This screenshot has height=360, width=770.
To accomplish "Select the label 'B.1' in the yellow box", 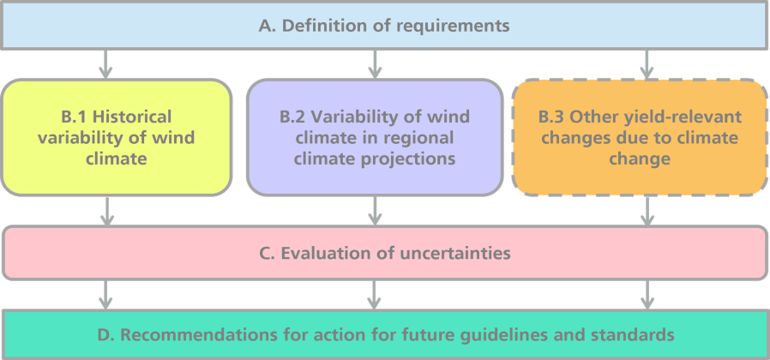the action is (x=75, y=117).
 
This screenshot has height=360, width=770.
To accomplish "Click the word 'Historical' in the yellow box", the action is (x=132, y=117).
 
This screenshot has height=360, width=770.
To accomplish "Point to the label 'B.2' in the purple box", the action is (x=293, y=117).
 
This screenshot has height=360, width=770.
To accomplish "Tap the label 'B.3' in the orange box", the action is (x=552, y=117).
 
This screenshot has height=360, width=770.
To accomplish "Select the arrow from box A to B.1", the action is (x=105, y=63).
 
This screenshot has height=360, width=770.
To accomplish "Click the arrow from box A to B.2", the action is (x=375, y=63).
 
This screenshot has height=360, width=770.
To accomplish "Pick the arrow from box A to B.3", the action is (x=647, y=63).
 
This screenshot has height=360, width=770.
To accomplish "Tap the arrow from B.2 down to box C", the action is (x=375, y=211).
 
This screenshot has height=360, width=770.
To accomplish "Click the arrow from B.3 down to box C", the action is (x=647, y=211).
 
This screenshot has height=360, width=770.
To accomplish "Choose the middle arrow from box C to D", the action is (x=375, y=295).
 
